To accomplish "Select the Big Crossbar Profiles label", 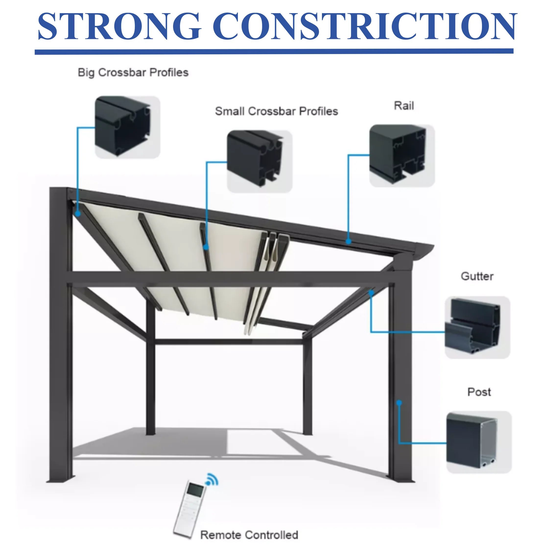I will tap(133, 73).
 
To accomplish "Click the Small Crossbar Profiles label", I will tap(276, 111).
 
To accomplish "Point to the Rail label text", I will tap(404, 106).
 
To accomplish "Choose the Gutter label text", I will tap(477, 276).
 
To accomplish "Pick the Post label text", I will tap(479, 392).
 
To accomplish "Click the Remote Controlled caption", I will tap(249, 535).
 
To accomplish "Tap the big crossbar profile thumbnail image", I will tap(127, 127).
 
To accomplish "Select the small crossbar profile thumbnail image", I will tap(260, 161).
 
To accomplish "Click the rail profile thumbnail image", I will tap(401, 155).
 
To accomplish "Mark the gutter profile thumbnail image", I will tap(477, 328).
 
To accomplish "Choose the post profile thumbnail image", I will tap(479, 442).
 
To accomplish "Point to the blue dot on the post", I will tap(399, 403).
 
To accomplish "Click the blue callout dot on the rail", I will tap(348, 241).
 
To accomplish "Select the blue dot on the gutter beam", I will tap(371, 293).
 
